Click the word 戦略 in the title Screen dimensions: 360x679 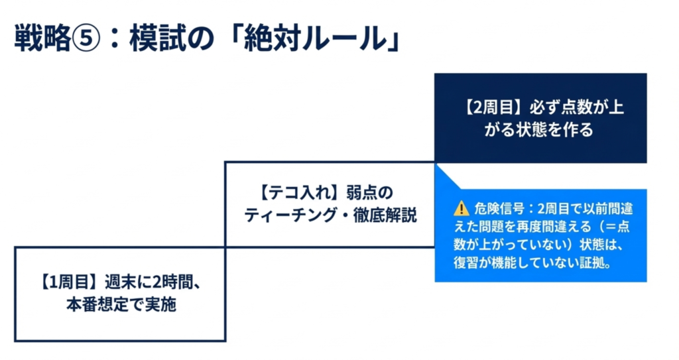(x=42, y=39)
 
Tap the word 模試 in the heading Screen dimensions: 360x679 (x=156, y=39)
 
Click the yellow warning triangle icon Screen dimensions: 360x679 (x=461, y=209)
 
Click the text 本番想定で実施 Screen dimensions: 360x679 (x=120, y=305)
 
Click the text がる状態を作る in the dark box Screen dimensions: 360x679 (x=540, y=129)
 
